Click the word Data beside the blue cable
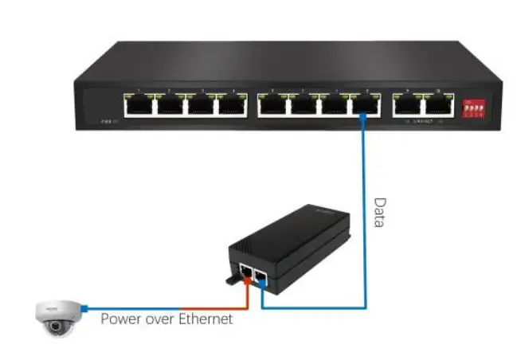379,213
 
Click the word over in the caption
159,319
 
